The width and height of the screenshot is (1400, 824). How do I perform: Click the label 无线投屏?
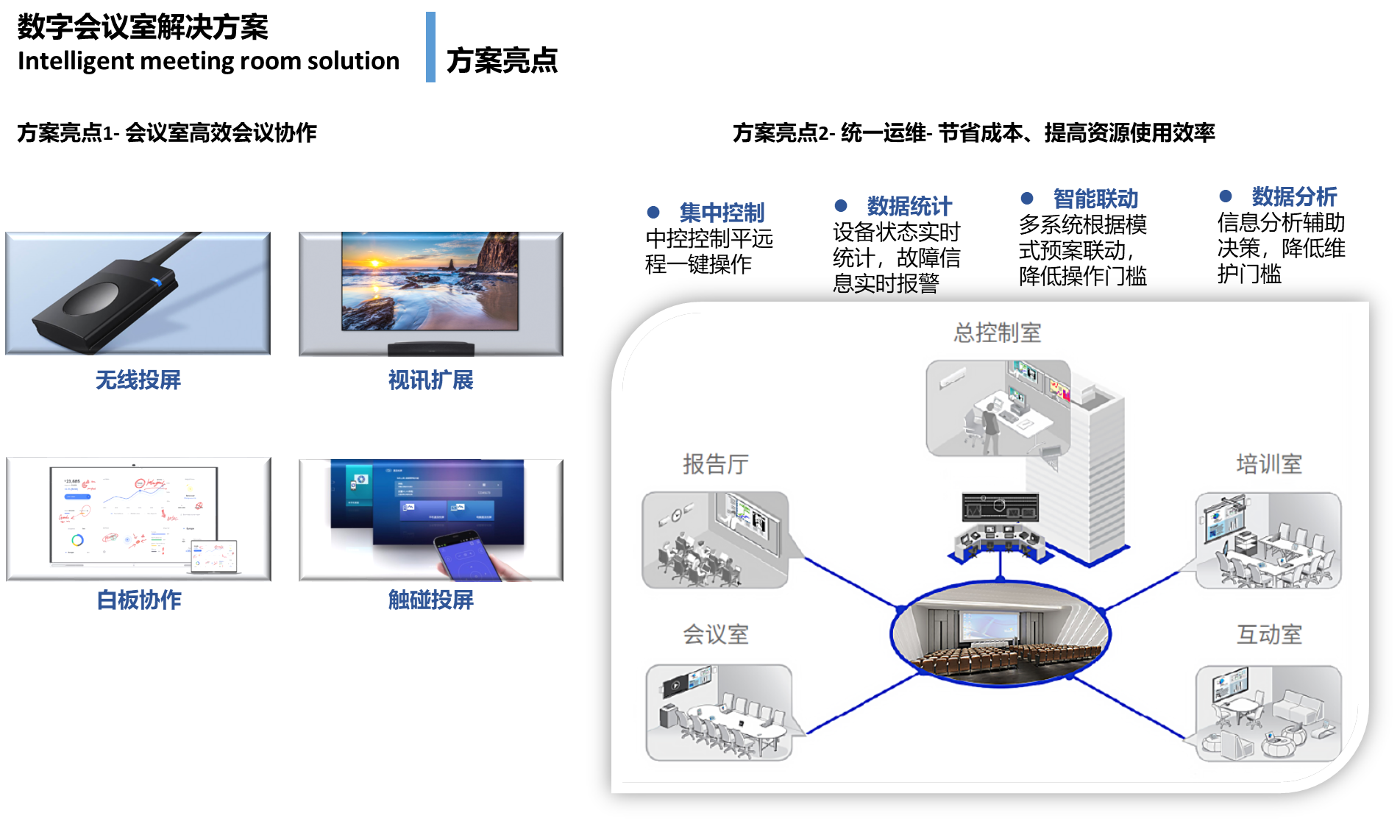pos(138,380)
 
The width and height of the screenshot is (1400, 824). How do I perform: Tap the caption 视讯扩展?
pos(431,380)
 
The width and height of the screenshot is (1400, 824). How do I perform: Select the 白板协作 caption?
pos(139,600)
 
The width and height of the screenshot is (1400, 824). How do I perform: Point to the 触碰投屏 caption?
pos(431,600)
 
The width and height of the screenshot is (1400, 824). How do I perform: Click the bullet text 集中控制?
pos(722,213)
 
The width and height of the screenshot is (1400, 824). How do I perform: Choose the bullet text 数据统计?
pos(909,206)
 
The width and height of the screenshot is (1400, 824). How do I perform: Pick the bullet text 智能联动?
pos(1095,199)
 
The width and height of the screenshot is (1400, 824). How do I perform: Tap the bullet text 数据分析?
pos(1294,196)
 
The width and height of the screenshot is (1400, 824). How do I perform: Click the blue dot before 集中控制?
pos(653,212)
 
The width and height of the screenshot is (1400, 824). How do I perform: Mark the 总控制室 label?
pos(998,333)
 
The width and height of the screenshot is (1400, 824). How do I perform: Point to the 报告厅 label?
pos(716,464)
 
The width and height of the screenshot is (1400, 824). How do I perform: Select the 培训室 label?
pos(1269,464)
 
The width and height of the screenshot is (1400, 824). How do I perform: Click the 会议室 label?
pos(716,634)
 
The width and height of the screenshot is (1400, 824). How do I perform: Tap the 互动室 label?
pos(1269,634)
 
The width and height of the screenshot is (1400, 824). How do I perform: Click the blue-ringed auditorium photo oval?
pos(1001,633)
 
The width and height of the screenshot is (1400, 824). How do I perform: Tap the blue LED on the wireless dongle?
pos(157,281)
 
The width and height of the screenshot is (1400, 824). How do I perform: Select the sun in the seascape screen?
pos(375,263)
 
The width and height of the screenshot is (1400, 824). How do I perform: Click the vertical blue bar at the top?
pos(430,47)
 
